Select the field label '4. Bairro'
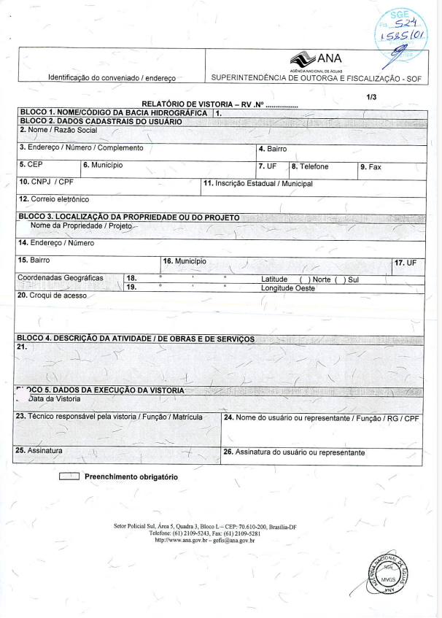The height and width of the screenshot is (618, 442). [x=274, y=149]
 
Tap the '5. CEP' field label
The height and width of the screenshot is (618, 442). [x=31, y=166]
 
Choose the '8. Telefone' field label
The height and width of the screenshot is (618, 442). [x=311, y=166]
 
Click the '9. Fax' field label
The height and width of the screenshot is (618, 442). [x=371, y=166]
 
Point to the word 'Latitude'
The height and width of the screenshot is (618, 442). [x=274, y=279]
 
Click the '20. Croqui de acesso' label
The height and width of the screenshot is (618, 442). [x=51, y=296]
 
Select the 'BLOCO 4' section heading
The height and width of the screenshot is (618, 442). [x=135, y=339]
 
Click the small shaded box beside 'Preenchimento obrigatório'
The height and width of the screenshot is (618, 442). [x=69, y=477]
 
